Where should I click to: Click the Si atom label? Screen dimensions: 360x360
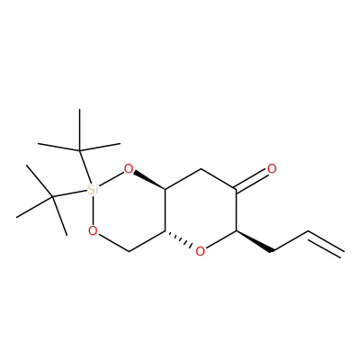click(93, 189)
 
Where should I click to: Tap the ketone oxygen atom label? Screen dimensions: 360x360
click(272, 169)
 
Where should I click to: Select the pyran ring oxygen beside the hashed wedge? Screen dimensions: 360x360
click(200, 251)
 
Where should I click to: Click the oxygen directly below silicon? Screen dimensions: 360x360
click(93, 230)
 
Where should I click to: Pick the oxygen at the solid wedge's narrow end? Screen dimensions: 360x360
click(129, 169)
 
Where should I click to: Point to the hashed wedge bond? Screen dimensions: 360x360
click(178, 239)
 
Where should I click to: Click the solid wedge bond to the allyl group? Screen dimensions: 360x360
click(255, 241)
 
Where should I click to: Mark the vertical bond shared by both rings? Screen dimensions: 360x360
click(165, 210)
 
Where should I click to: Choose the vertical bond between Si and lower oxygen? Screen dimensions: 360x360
click(93, 210)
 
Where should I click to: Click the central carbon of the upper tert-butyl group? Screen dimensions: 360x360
click(80, 150)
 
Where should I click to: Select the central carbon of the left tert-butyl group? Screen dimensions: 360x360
click(52, 197)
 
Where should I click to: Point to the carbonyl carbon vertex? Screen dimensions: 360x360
click(237, 190)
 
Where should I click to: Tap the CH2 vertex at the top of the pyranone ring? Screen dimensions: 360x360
click(201, 169)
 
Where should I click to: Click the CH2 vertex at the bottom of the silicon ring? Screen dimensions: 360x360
click(129, 251)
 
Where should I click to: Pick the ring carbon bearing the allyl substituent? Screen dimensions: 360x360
click(237, 231)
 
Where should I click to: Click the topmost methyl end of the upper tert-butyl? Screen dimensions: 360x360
click(80, 109)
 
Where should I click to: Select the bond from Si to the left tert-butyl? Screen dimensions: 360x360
click(69, 193)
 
